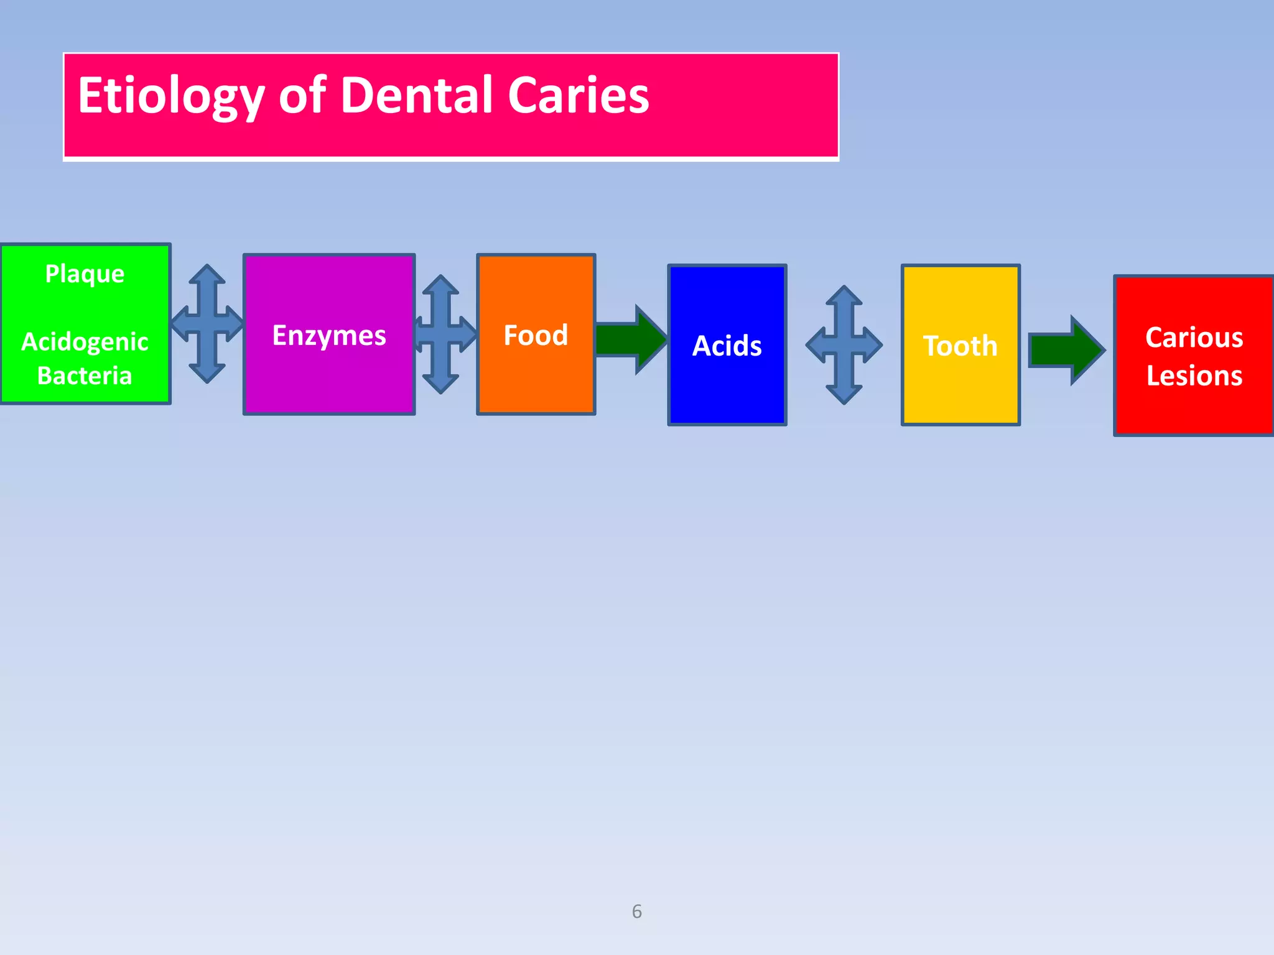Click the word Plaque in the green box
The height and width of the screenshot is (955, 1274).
click(x=85, y=274)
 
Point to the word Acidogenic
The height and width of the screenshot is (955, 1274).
click(x=85, y=342)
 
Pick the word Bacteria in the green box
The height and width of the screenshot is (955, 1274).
click(x=85, y=376)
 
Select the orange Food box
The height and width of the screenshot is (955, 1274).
click(x=536, y=373)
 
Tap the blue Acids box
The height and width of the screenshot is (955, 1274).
click(x=727, y=385)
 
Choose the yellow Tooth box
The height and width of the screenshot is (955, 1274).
click(x=960, y=385)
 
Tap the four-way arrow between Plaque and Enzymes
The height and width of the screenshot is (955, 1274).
click(x=207, y=323)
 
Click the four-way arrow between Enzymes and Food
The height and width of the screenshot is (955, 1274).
click(x=441, y=334)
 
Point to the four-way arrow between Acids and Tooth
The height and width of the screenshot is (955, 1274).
click(x=844, y=344)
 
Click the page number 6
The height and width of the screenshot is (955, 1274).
click(x=636, y=911)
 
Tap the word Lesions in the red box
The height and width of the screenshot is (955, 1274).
click(x=1194, y=376)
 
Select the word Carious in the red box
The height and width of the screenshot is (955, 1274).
click(x=1194, y=338)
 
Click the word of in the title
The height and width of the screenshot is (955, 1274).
click(x=302, y=96)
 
